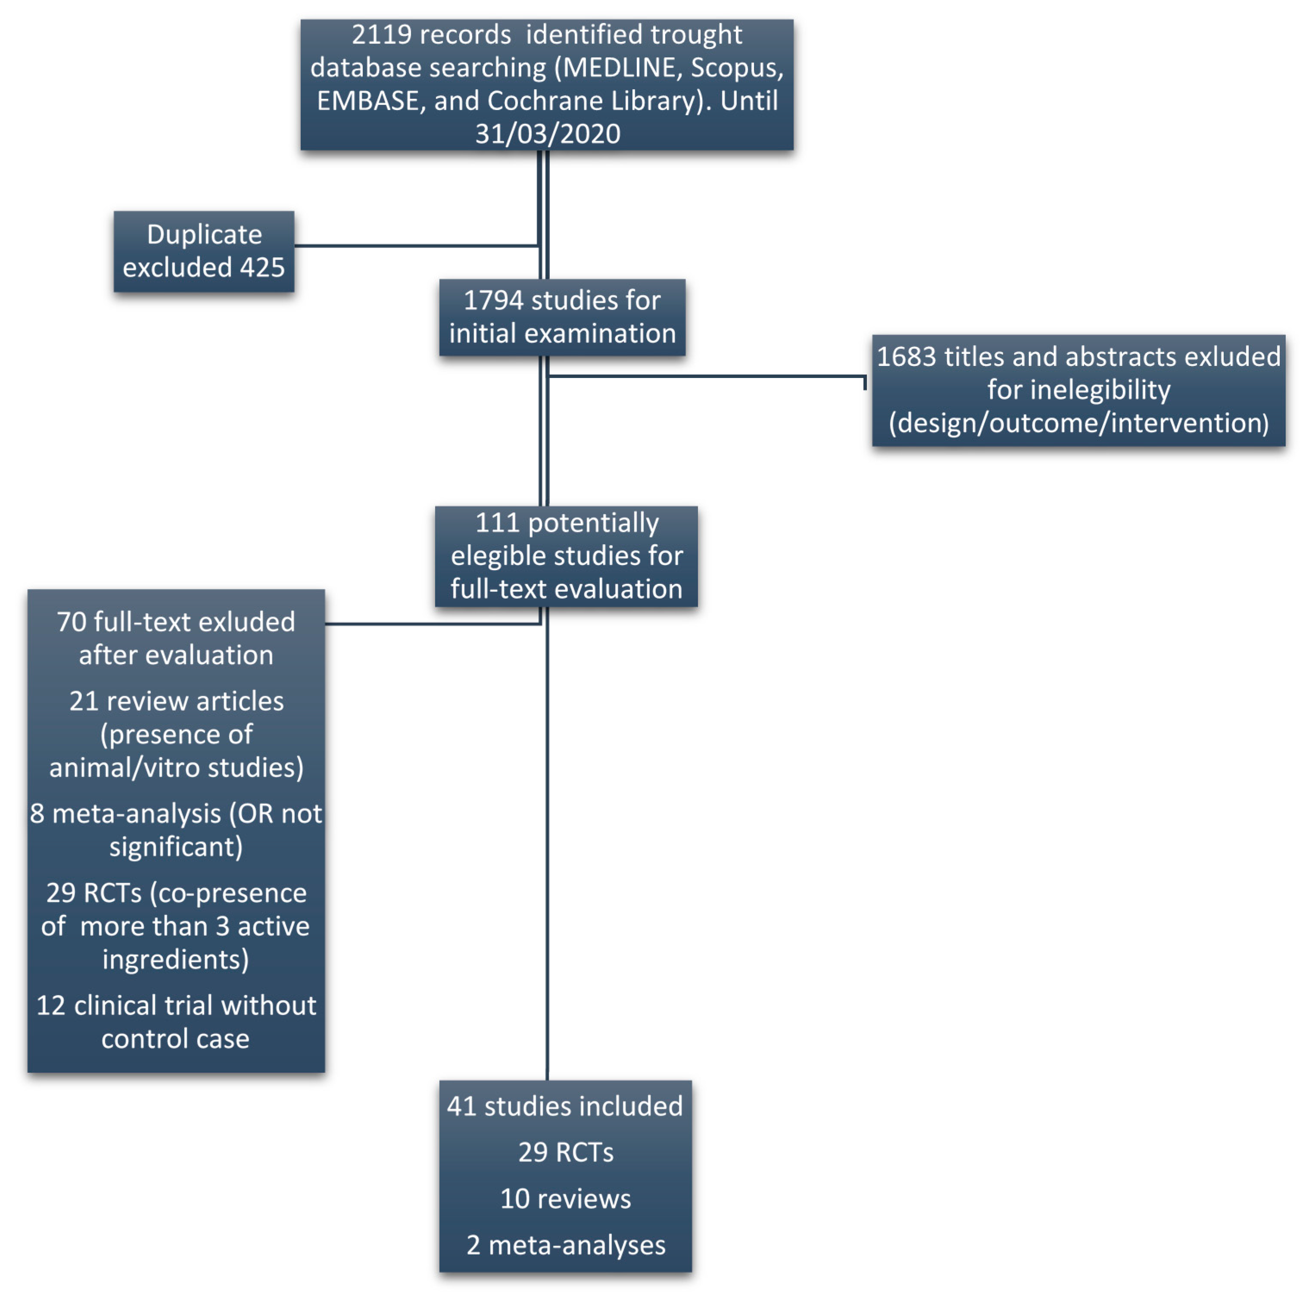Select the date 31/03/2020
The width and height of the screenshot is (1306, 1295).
(x=548, y=134)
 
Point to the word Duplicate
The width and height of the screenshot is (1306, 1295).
(x=204, y=235)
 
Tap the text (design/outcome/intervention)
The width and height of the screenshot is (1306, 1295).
(x=1078, y=423)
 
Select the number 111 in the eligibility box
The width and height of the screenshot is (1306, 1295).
(x=497, y=523)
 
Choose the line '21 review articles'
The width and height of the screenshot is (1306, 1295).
(x=176, y=701)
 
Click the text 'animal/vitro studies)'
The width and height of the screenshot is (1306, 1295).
(x=176, y=768)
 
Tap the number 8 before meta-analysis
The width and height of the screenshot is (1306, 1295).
(x=37, y=814)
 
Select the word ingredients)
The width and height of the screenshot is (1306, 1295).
(x=176, y=960)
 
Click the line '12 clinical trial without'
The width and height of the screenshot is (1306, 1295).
(x=176, y=1005)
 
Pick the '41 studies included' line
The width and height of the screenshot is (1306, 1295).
(x=565, y=1106)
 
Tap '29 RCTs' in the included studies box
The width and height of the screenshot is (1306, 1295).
(x=566, y=1152)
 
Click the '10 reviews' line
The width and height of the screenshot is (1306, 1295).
(x=566, y=1199)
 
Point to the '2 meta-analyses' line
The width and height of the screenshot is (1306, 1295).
(x=566, y=1245)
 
